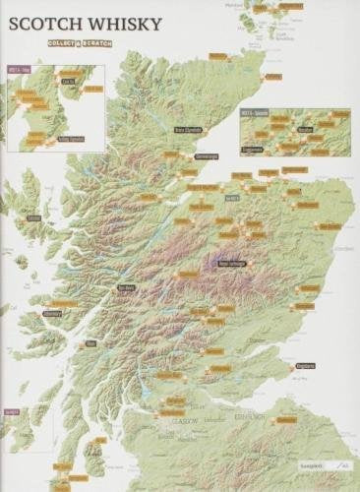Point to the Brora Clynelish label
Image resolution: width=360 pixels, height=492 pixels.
(188, 128)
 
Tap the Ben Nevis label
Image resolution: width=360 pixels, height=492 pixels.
(126, 287)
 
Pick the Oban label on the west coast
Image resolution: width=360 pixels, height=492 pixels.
(90, 343)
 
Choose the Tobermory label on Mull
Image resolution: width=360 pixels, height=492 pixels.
(53, 317)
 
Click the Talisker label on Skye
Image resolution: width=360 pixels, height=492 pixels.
(33, 217)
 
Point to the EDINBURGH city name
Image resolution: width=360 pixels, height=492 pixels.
(250, 416)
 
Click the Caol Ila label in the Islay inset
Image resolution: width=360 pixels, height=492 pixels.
(70, 83)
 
